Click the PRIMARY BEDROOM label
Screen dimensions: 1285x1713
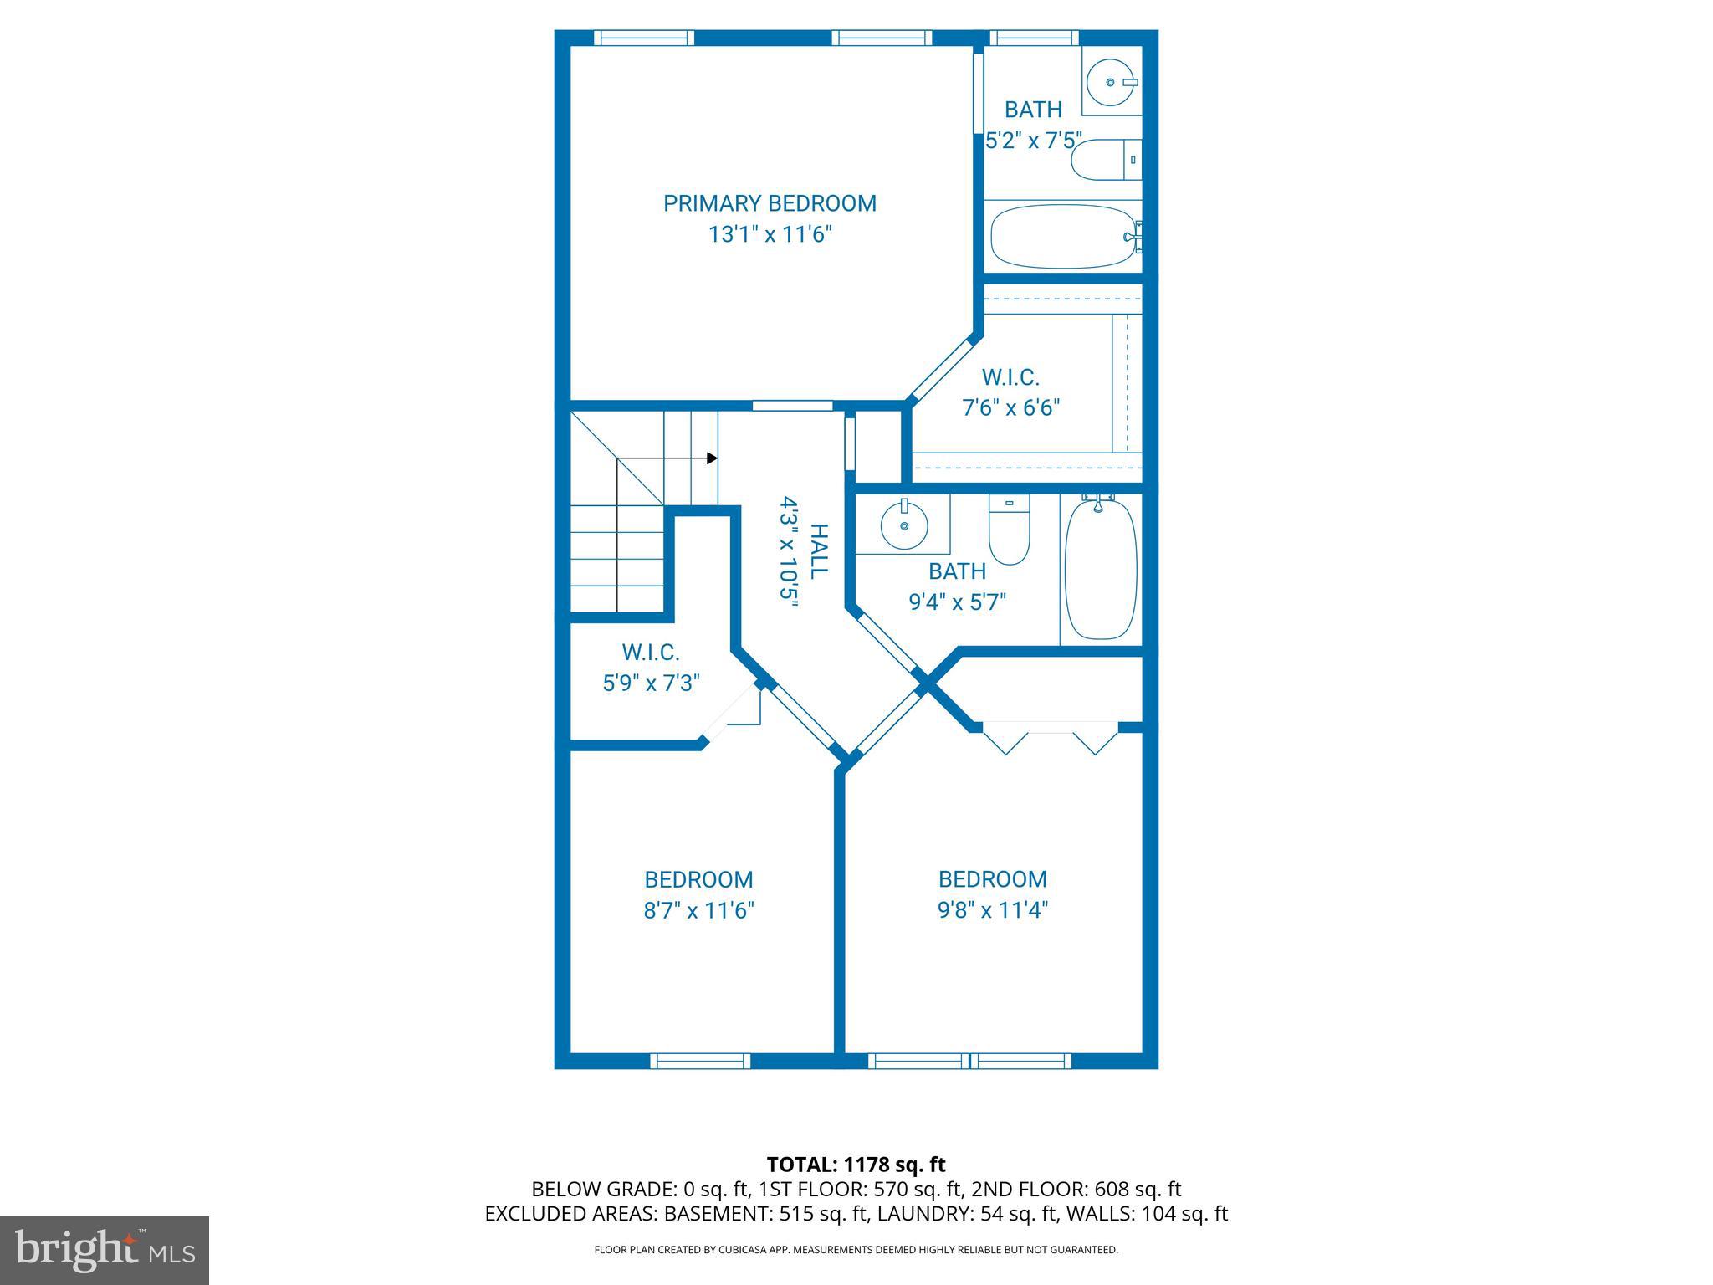[x=770, y=203]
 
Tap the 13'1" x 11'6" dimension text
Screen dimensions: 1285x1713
[x=770, y=234]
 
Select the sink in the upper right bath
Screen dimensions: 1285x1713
[x=1111, y=82]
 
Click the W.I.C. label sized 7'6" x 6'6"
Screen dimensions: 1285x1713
[x=1010, y=378]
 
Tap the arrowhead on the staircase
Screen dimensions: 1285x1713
[x=712, y=458]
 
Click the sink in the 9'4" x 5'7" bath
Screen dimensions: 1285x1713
[x=903, y=526]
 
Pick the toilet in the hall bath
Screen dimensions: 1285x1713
[x=1009, y=530]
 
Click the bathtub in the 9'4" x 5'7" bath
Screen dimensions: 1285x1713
[x=1100, y=570]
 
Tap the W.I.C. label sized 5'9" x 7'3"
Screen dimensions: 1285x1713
[x=650, y=653]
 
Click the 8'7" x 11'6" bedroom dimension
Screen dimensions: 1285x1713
[x=698, y=910]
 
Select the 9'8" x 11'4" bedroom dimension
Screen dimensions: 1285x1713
[x=992, y=909]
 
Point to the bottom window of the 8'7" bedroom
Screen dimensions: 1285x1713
[x=700, y=1061]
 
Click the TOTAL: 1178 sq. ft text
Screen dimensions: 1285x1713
[x=856, y=1165]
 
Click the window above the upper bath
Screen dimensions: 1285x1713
[x=1034, y=38]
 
